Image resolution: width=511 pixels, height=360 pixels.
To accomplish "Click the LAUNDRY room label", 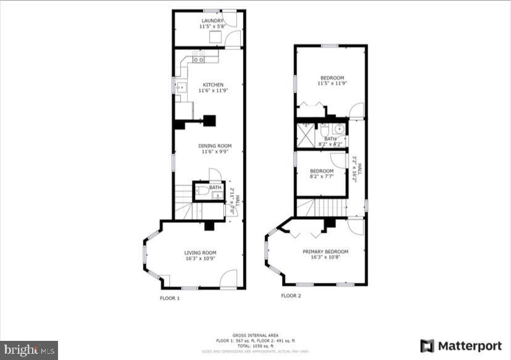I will [211, 20].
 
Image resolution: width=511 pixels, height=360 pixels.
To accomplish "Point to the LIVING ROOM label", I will [200, 252].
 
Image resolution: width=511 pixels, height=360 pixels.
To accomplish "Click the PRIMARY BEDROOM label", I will [325, 251].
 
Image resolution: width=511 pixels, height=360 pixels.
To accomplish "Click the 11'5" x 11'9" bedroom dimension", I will [331, 83].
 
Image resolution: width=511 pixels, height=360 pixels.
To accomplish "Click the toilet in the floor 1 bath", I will [202, 193].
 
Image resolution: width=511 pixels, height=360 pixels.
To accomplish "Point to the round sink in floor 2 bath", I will [338, 129].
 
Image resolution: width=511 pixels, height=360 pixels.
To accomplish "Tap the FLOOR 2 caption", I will [291, 296].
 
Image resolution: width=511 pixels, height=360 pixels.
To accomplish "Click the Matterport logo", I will [453, 345].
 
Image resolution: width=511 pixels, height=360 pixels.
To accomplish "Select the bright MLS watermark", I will [29, 350].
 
